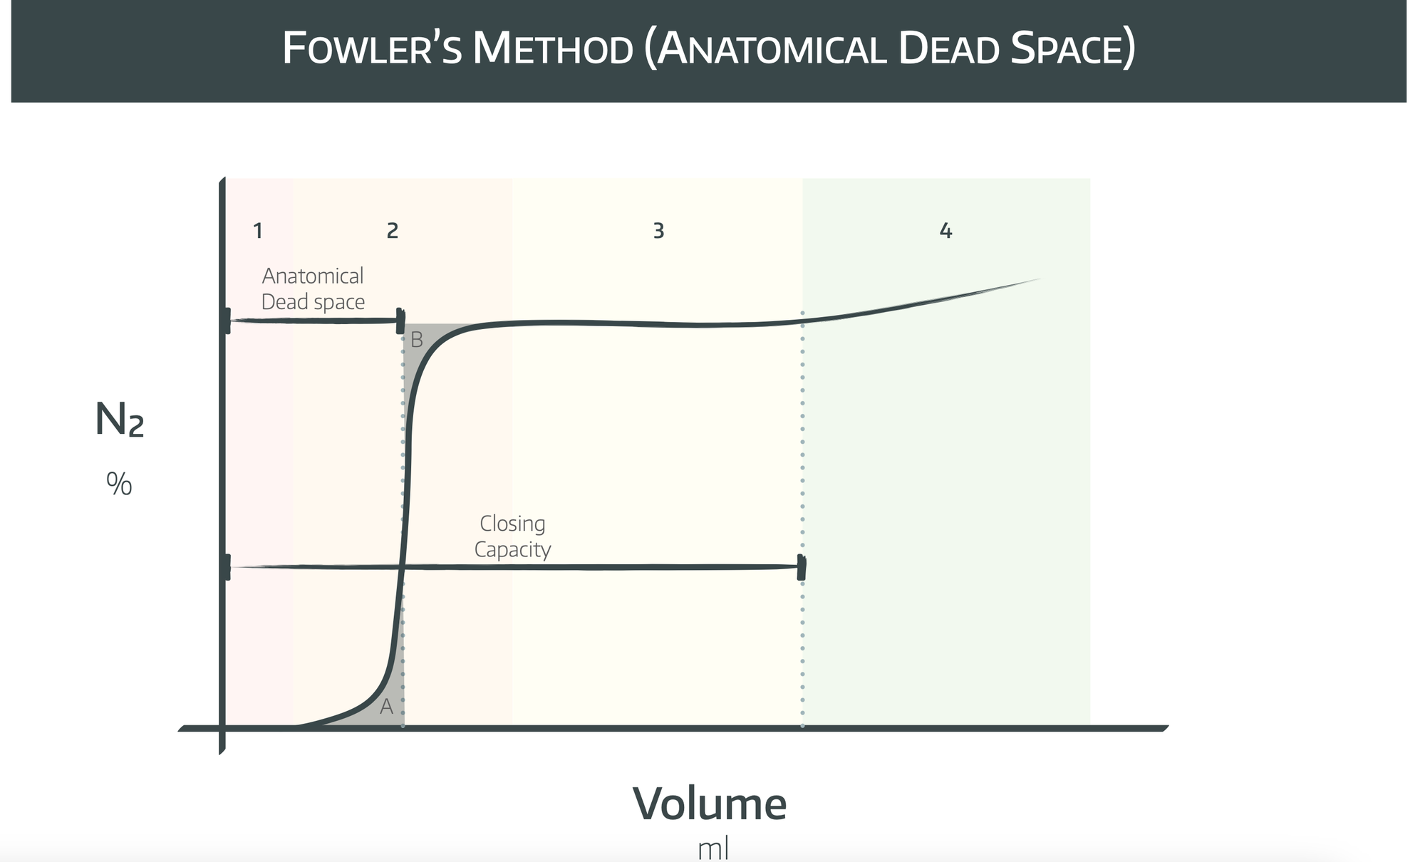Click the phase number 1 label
click(258, 231)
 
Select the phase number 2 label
click(393, 231)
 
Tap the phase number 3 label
click(658, 231)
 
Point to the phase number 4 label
click(945, 231)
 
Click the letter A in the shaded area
click(387, 707)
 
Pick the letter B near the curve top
click(417, 340)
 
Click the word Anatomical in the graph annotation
click(313, 276)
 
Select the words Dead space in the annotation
click(313, 302)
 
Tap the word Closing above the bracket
click(512, 524)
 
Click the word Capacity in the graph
click(512, 550)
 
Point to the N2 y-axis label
click(119, 420)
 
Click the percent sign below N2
click(119, 484)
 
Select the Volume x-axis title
click(710, 804)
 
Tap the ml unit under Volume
click(712, 849)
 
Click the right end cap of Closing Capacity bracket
click(802, 568)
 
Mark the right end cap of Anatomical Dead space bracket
click(400, 321)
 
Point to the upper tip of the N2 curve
click(1039, 279)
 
